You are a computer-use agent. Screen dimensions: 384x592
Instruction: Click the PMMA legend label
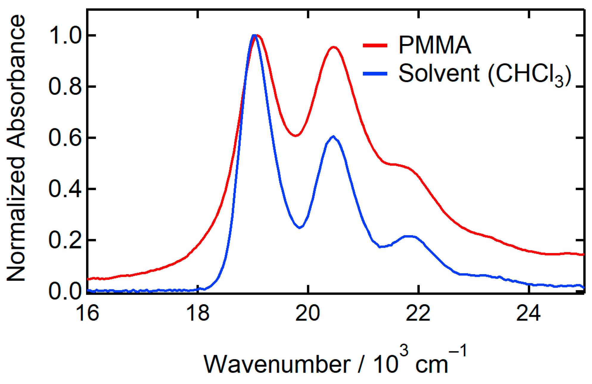435,46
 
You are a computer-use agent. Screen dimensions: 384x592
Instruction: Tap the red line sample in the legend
375,46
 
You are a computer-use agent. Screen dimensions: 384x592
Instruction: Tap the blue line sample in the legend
375,73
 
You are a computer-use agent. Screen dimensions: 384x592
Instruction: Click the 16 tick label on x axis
87,313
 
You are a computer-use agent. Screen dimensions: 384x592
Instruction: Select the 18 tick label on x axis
198,313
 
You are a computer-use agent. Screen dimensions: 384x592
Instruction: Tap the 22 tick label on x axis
418,313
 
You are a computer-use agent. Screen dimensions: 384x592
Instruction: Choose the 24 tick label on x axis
528,313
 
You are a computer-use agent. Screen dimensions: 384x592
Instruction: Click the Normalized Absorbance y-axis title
16,148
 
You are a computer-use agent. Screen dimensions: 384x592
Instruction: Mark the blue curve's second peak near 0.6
333,137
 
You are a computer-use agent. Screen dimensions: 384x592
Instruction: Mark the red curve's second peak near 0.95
334,47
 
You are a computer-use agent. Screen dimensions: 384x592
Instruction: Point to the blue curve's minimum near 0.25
300,227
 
